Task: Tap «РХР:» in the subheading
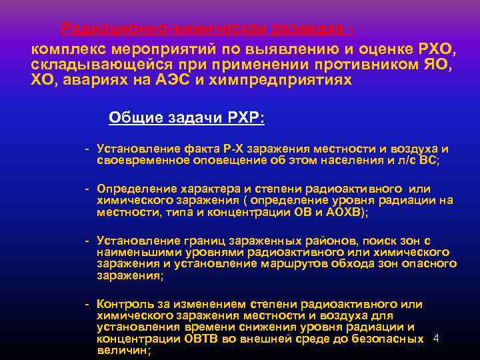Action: pos(246,117)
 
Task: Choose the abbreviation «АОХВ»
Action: pos(342,212)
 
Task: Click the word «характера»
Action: pos(204,189)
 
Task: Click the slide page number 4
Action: pos(435,338)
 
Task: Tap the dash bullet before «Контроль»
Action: pos(87,304)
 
